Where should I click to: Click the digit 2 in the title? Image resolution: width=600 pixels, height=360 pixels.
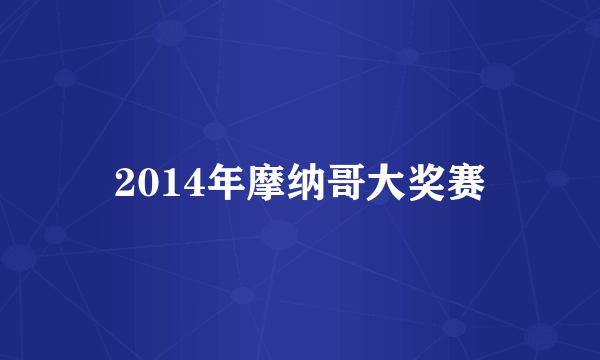point(124,182)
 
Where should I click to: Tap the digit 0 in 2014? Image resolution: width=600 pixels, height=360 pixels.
point(143,182)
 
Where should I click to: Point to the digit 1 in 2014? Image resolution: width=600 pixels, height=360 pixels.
point(162,182)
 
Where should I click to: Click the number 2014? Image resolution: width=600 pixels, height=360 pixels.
point(152,182)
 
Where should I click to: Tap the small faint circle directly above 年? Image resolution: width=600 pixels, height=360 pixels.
point(213,130)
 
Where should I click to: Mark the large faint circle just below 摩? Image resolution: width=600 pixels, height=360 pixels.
point(280,236)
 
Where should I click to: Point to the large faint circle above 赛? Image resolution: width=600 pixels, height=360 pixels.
point(497,75)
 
